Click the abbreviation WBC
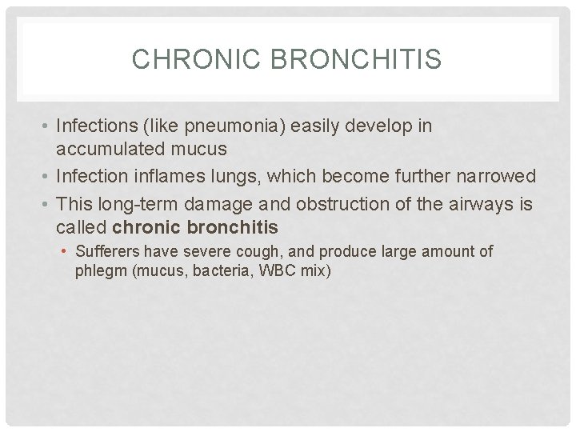[270, 270]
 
